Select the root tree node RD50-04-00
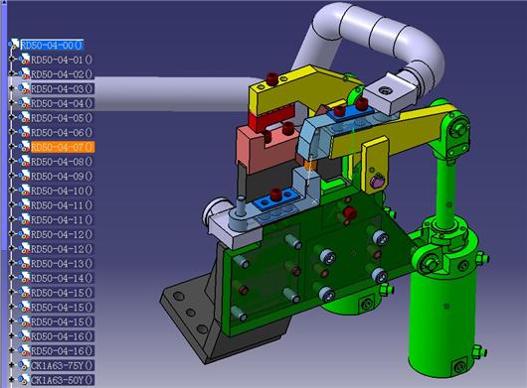point(52,45)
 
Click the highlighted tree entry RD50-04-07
point(63,147)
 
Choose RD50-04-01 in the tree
point(62,60)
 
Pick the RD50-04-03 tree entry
point(63,89)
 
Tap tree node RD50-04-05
point(62,118)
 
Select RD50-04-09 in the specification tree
point(62,176)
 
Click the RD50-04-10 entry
point(62,191)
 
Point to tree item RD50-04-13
point(62,264)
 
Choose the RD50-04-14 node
point(62,278)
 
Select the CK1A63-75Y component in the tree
point(63,365)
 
